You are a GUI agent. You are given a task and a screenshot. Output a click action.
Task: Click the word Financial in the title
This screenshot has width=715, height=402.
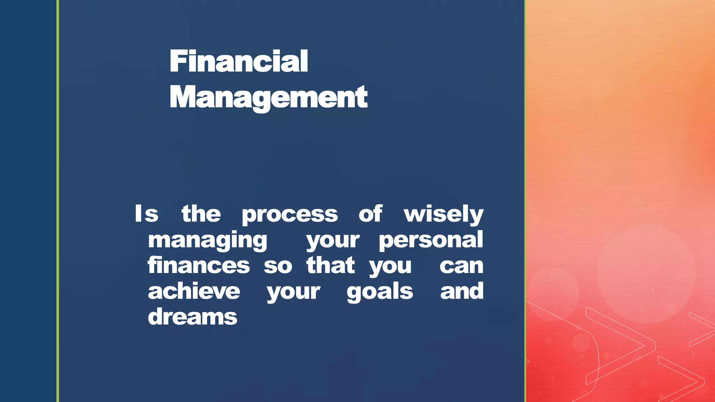[x=238, y=61]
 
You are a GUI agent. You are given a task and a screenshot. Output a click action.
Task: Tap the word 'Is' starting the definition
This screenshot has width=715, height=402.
[x=147, y=214]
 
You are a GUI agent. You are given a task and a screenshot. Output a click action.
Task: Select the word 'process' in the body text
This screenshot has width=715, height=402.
[x=289, y=214]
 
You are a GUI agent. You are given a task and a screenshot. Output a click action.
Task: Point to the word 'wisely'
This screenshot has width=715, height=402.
[x=443, y=214]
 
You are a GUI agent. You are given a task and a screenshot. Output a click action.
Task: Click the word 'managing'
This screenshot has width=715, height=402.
[x=207, y=240]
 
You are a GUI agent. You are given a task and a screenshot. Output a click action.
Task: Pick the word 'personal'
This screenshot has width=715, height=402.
[x=431, y=240]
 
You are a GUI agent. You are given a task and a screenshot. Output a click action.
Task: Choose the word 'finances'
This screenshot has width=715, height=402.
[x=198, y=266]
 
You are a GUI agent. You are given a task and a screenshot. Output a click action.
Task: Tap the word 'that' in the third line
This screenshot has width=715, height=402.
[x=330, y=266]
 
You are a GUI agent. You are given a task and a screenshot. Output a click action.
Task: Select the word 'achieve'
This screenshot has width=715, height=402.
[x=194, y=291]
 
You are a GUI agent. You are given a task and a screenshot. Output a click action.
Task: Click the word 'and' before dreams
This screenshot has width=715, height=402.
[x=462, y=291]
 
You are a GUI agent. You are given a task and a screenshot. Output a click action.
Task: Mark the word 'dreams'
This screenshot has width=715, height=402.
[x=192, y=317]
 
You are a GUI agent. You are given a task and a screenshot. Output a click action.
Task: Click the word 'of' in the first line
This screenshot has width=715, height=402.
[x=370, y=214]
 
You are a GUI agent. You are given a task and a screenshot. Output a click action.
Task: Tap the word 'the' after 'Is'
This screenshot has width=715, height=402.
[x=201, y=214]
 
